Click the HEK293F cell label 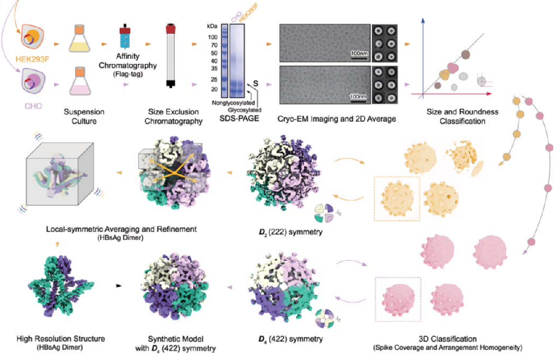click(30, 55)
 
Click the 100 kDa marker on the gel click(213, 37)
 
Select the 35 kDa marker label click(213, 68)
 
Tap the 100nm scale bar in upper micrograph click(359, 54)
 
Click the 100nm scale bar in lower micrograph click(359, 97)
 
